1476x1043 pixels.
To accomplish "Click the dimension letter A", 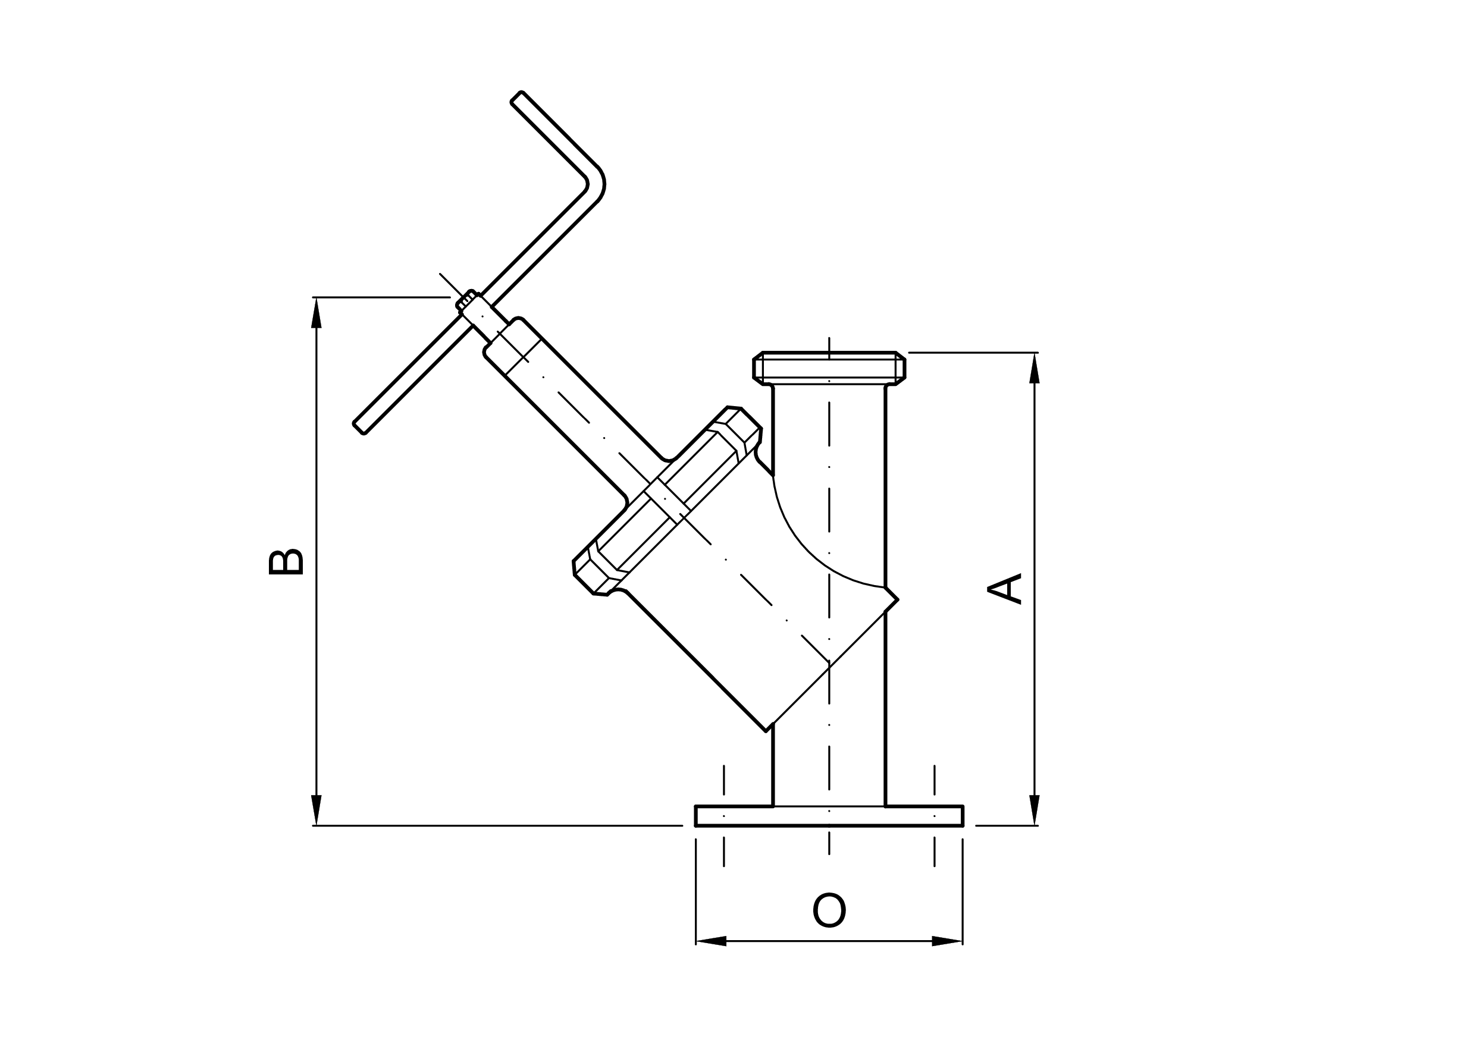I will pyautogui.click(x=1004, y=588).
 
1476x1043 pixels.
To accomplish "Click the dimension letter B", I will pyautogui.click(x=286, y=563).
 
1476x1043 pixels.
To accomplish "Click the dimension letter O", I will pyautogui.click(x=829, y=910).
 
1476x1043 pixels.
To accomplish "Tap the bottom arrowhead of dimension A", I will pyautogui.click(x=1035, y=809).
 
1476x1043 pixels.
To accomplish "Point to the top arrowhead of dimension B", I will pyautogui.click(x=316, y=313).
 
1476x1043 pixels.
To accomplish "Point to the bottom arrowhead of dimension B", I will pyautogui.click(x=316, y=809).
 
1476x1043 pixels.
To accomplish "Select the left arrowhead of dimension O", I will pyautogui.click(x=711, y=941).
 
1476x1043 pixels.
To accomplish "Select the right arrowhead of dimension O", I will pyautogui.click(x=947, y=941).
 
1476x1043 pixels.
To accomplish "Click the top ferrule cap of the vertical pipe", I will pyautogui.click(x=829, y=367).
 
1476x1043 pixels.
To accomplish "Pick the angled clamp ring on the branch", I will pyautogui.click(x=668, y=501).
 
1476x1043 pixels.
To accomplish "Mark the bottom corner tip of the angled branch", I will pyautogui.click(x=766, y=731).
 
